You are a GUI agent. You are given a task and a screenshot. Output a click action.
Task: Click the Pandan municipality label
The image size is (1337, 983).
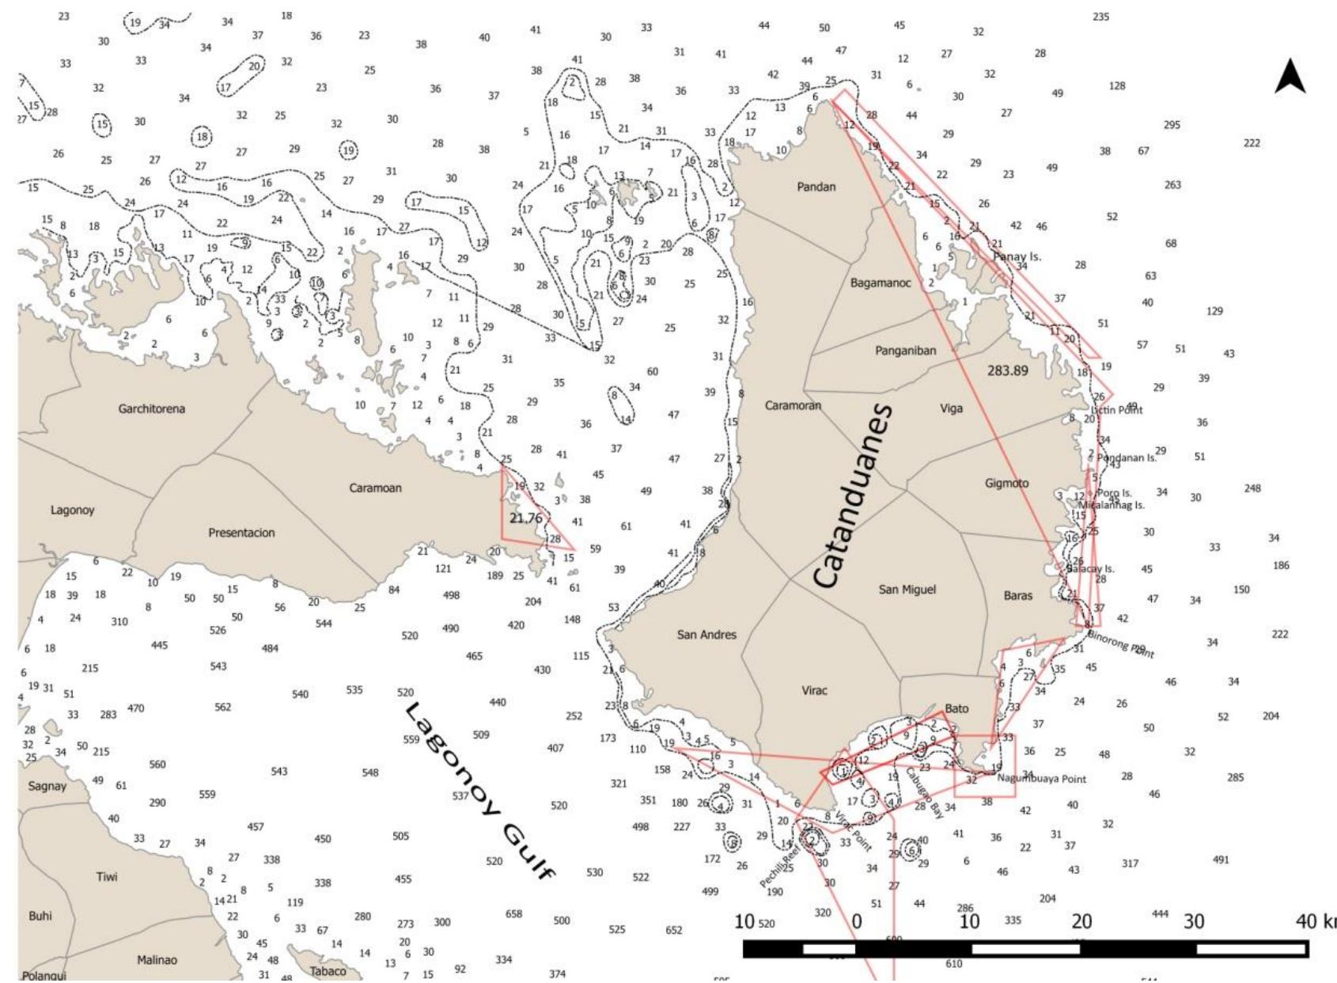point(816,188)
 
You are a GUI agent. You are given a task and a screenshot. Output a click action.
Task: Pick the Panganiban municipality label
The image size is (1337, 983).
point(905,351)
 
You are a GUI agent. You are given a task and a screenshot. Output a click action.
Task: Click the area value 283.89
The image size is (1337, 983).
point(1007,370)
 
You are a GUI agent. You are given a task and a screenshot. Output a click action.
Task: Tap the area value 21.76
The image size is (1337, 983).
point(526,518)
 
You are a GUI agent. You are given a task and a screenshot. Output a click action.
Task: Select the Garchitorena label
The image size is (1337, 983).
point(152,409)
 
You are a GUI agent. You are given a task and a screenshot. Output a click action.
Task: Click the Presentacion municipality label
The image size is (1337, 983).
point(241,533)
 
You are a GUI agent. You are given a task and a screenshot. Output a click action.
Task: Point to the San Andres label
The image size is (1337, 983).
point(706,635)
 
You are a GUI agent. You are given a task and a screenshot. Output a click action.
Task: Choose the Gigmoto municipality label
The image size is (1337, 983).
point(1006,484)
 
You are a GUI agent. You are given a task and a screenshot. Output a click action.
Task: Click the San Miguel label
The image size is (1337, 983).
point(907,590)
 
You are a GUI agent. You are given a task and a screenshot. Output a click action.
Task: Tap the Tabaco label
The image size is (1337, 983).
point(328,971)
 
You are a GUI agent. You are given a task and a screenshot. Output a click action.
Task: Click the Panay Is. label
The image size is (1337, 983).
point(1017,257)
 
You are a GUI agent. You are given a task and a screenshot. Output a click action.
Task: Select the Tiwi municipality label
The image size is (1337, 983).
point(107,877)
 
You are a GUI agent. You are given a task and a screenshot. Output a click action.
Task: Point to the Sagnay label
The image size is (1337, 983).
point(47,787)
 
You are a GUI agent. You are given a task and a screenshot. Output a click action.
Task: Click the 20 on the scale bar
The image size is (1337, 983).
point(1081,922)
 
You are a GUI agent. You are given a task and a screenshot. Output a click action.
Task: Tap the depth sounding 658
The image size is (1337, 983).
point(513,914)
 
